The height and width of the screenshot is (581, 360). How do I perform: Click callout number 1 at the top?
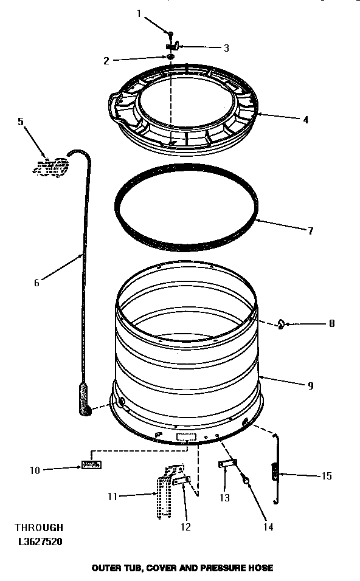139,13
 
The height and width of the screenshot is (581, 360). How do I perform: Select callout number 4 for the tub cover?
306,120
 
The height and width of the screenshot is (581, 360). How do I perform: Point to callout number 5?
21,121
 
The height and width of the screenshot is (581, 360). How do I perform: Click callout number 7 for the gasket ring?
310,230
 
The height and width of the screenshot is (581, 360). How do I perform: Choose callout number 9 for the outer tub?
311,385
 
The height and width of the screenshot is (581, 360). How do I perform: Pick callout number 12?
186,526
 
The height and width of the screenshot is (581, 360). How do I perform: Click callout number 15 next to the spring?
327,476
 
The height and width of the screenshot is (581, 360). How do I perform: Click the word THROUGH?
39,528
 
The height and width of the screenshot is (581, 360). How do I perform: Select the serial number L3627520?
40,540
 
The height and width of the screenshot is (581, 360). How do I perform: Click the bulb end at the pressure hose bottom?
85,405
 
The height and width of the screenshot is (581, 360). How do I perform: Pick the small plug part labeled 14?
247,481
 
